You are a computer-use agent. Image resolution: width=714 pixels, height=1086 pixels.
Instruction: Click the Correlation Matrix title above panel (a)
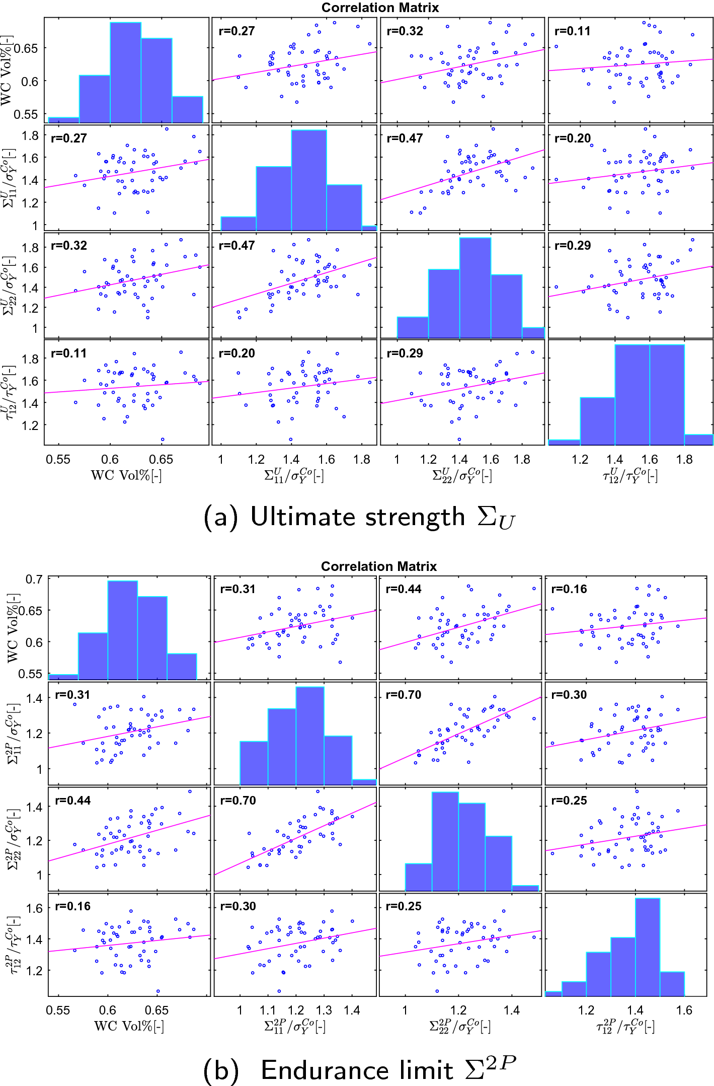(380, 8)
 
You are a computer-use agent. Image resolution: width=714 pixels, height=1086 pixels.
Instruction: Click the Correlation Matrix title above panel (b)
(378, 566)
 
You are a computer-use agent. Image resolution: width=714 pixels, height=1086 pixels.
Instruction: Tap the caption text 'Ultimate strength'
(357, 518)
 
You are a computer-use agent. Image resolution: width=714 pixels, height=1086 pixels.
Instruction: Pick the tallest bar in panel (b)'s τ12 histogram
(648, 947)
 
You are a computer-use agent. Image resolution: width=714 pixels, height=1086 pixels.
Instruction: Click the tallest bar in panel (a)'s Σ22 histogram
(475, 287)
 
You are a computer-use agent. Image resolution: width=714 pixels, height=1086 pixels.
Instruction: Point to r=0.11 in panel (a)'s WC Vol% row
(572, 31)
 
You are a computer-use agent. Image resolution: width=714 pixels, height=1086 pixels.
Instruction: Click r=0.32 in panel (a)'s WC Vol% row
(405, 31)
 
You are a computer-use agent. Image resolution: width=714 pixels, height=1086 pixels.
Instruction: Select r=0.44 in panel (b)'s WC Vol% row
(404, 589)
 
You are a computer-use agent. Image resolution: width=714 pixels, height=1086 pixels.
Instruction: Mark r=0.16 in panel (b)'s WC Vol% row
(569, 589)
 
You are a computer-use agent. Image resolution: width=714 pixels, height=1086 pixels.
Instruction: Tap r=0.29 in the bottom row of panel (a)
(405, 353)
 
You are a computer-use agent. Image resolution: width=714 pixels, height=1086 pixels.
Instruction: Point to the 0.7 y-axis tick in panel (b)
(34, 580)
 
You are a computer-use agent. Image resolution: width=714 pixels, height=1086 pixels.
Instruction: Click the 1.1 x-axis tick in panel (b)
(268, 1010)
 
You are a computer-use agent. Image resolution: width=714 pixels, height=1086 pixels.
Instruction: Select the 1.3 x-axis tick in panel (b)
(324, 1010)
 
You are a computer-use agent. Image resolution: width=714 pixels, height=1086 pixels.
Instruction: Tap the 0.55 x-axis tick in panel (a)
(58, 460)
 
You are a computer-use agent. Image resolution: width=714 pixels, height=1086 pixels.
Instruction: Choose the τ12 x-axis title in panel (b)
(625, 1027)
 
